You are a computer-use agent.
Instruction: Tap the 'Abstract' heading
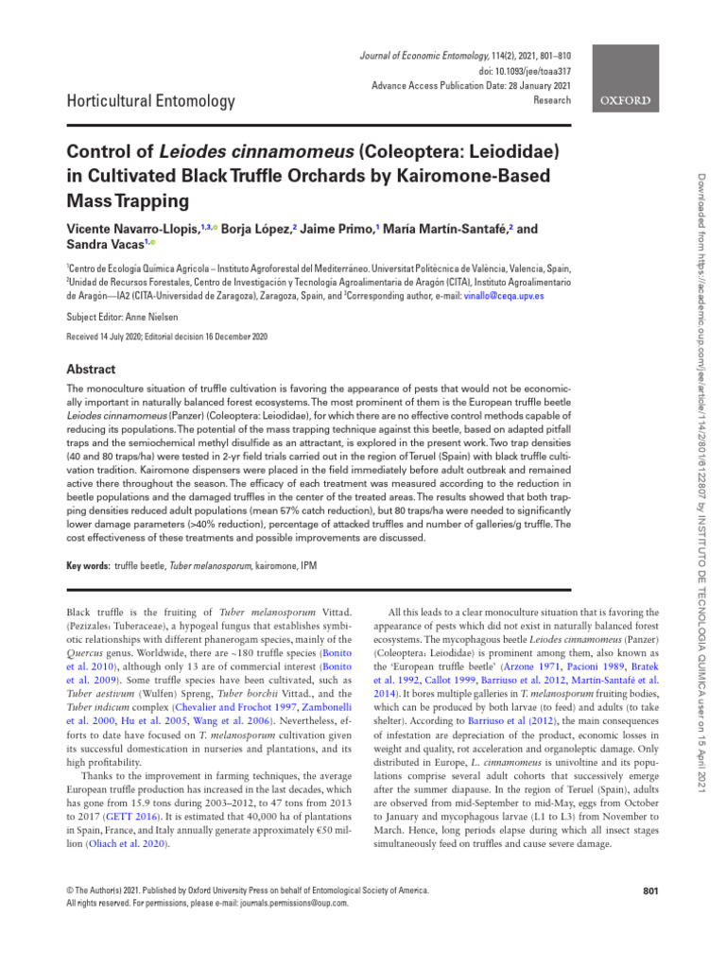(x=91, y=370)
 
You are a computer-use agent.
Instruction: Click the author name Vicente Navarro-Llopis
(x=131, y=229)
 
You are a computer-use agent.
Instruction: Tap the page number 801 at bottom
(x=650, y=890)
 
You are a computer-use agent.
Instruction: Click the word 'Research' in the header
(x=552, y=99)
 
